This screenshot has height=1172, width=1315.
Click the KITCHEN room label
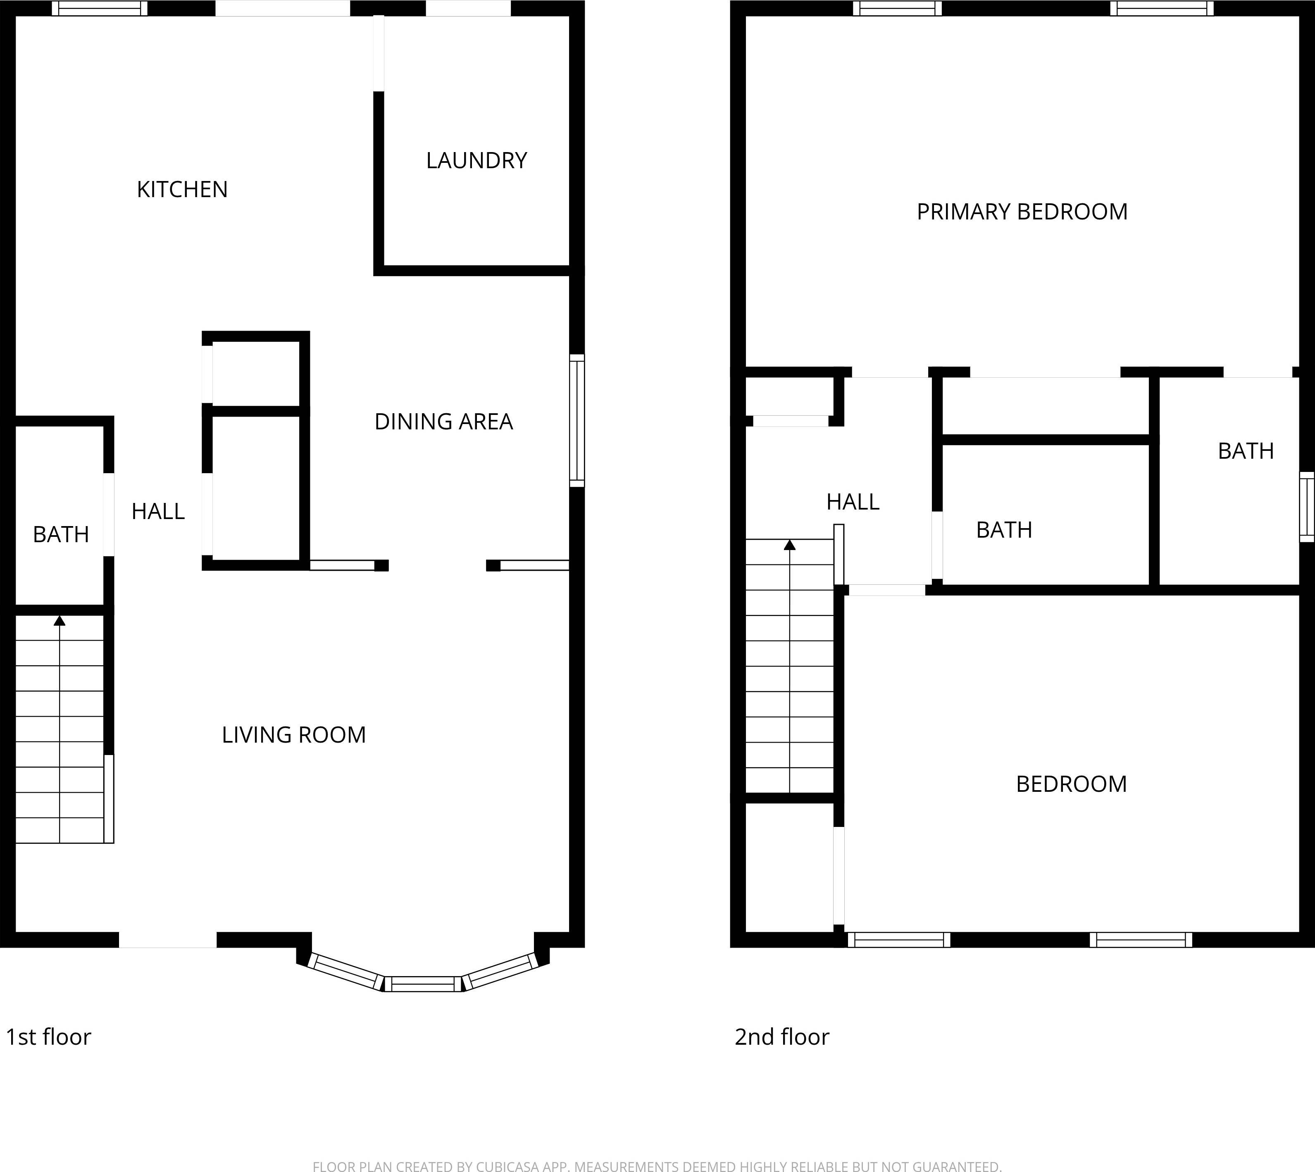click(182, 189)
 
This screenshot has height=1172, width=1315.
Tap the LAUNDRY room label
click(476, 160)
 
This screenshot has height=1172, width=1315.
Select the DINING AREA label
click(444, 422)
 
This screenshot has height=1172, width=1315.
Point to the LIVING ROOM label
click(294, 735)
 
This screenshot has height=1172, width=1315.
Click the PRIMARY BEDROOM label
click(1022, 212)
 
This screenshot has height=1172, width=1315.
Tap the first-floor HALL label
click(158, 511)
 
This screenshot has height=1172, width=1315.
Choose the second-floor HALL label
click(853, 502)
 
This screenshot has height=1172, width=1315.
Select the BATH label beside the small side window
click(1246, 451)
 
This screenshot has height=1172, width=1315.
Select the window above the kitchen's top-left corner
click(99, 8)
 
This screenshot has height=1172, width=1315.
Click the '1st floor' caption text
click(48, 1037)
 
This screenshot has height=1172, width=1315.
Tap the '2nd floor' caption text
click(782, 1037)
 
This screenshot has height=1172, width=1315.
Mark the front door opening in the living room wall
click(167, 939)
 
